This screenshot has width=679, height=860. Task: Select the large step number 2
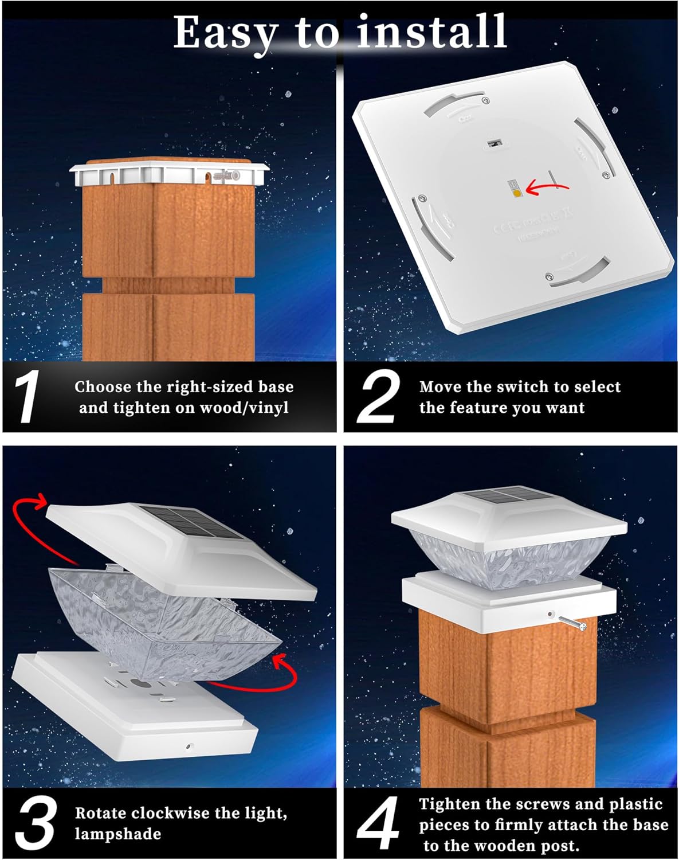pyautogui.click(x=378, y=397)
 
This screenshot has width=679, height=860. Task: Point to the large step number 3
pyautogui.click(x=36, y=823)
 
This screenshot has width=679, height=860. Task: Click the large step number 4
pyautogui.click(x=378, y=823)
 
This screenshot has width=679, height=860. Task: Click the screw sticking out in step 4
pyautogui.click(x=574, y=623)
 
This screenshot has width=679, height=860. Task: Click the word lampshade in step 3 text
pyautogui.click(x=118, y=834)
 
